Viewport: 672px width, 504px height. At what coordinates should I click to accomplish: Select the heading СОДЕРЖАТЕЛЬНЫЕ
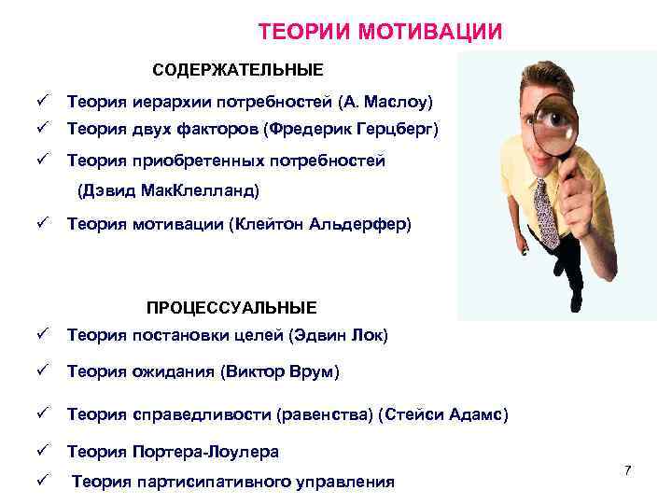coord(238,70)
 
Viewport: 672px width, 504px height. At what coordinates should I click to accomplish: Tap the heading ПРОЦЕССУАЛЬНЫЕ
coord(231,308)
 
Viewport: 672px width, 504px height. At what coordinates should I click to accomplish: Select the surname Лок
coord(368,335)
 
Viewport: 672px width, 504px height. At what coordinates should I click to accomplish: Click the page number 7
coord(628,470)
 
